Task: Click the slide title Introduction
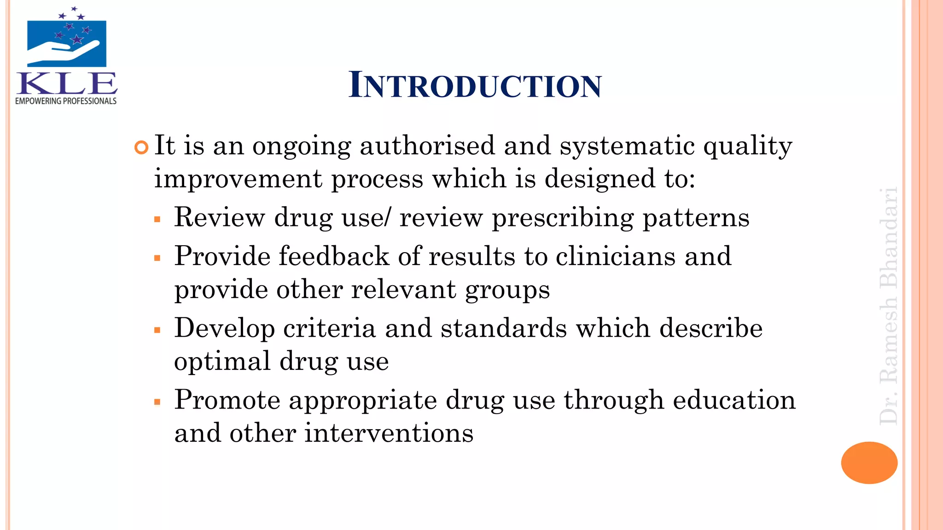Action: [475, 85]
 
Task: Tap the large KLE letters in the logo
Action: [67, 84]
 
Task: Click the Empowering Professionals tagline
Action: [66, 101]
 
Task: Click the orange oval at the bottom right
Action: [869, 462]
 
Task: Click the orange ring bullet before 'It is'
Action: [141, 148]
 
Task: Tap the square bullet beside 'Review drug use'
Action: [157, 219]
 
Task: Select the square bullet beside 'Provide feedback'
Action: [157, 258]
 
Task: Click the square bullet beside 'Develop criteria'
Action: [157, 330]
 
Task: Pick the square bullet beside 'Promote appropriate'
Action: [157, 402]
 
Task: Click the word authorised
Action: [427, 146]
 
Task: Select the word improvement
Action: [238, 179]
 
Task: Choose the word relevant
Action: [403, 290]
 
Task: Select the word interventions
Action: [389, 433]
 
